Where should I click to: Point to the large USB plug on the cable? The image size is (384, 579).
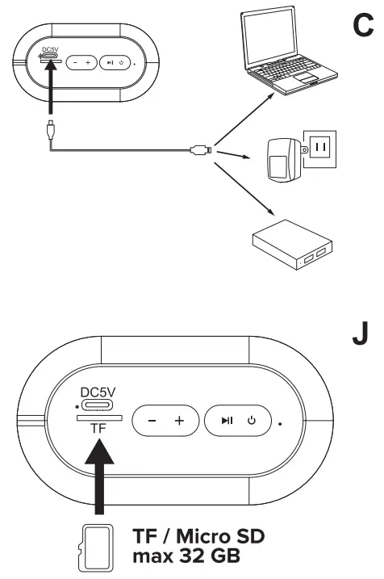click(199, 149)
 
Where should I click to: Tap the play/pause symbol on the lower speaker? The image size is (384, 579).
click(229, 420)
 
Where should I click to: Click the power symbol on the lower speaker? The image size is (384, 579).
click(252, 420)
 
